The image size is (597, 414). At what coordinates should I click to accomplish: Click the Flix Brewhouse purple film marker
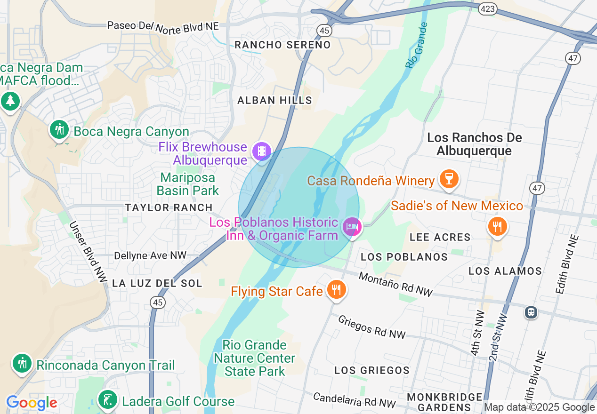coord(261,151)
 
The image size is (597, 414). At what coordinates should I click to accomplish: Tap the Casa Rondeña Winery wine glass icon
coord(448,179)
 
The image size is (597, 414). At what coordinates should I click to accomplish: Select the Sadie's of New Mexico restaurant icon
coord(497,227)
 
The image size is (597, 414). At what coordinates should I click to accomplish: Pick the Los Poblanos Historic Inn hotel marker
coord(351,227)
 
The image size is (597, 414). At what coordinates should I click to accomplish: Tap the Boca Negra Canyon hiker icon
coord(59,129)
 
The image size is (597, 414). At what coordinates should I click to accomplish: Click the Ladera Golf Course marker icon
coord(108,400)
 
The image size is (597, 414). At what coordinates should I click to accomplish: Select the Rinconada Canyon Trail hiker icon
coord(22,363)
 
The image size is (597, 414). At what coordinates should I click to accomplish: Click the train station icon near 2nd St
coord(531,312)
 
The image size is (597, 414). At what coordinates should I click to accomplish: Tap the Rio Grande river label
coord(416,45)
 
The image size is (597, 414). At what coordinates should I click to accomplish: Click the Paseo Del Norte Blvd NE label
coord(163,25)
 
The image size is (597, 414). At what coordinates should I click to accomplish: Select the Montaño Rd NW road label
coord(395,284)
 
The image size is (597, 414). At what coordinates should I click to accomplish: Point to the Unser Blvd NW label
coord(88,252)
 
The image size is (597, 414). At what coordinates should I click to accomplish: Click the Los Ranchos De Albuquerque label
coord(474,144)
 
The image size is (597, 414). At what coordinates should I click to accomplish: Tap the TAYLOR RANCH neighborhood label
coord(169,207)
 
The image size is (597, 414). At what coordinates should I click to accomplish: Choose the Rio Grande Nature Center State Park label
coord(255,358)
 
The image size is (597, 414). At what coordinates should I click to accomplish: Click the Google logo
coord(32,403)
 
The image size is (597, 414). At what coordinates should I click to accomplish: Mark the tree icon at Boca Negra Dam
coord(10,101)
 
